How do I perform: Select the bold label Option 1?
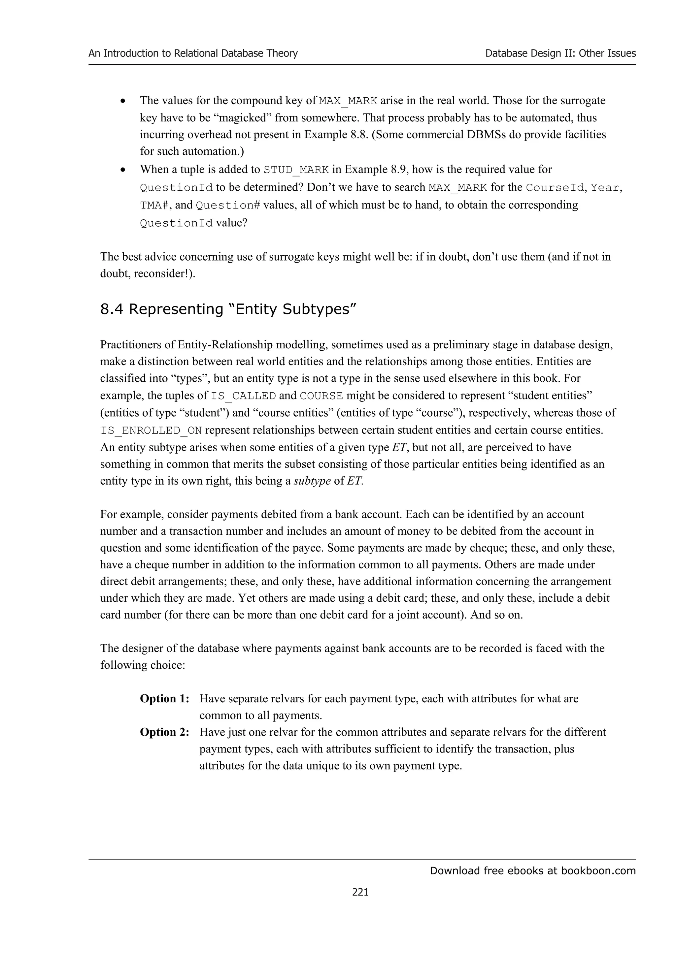point(164,699)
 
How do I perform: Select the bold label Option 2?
point(164,732)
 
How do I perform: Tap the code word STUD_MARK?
point(296,170)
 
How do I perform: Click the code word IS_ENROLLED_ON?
point(151,430)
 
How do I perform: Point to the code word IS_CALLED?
point(243,396)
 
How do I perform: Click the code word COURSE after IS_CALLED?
point(321,396)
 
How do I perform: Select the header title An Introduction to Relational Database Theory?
point(193,53)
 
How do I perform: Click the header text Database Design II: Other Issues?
point(560,53)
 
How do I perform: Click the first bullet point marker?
point(122,101)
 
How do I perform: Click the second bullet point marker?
point(122,170)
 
